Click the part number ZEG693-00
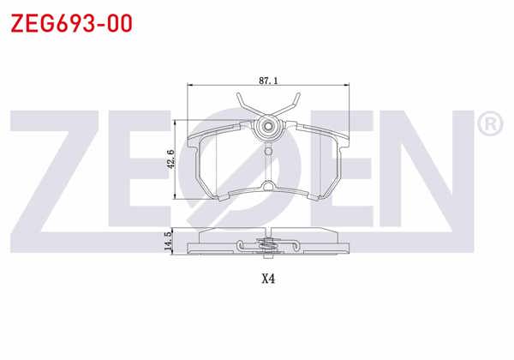coord(70,23)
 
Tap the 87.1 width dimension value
coord(267,80)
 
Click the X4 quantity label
coord(268,279)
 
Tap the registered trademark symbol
coord(489,125)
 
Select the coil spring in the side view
coord(268,248)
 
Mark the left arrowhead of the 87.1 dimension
coord(191,86)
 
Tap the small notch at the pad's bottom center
coord(268,187)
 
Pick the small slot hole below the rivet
coord(268,153)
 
